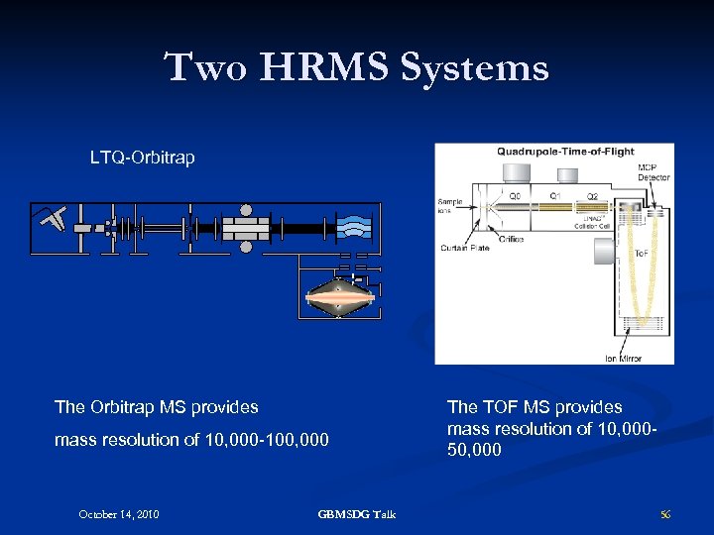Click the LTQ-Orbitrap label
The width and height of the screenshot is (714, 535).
(x=143, y=157)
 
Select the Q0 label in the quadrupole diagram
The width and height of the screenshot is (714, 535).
(x=515, y=196)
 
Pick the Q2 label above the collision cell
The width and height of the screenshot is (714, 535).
(x=592, y=196)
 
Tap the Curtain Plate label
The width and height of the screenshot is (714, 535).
(x=464, y=248)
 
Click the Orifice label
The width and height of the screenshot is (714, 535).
(x=512, y=239)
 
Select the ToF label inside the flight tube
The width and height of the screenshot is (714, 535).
(x=642, y=254)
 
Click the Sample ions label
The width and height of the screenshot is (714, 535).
(x=449, y=206)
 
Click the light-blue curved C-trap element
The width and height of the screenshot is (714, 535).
(x=354, y=227)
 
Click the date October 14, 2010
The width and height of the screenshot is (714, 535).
(x=119, y=513)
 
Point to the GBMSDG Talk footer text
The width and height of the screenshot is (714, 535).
(x=357, y=513)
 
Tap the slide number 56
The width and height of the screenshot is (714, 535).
(x=665, y=513)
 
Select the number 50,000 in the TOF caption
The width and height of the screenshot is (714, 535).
(x=474, y=450)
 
